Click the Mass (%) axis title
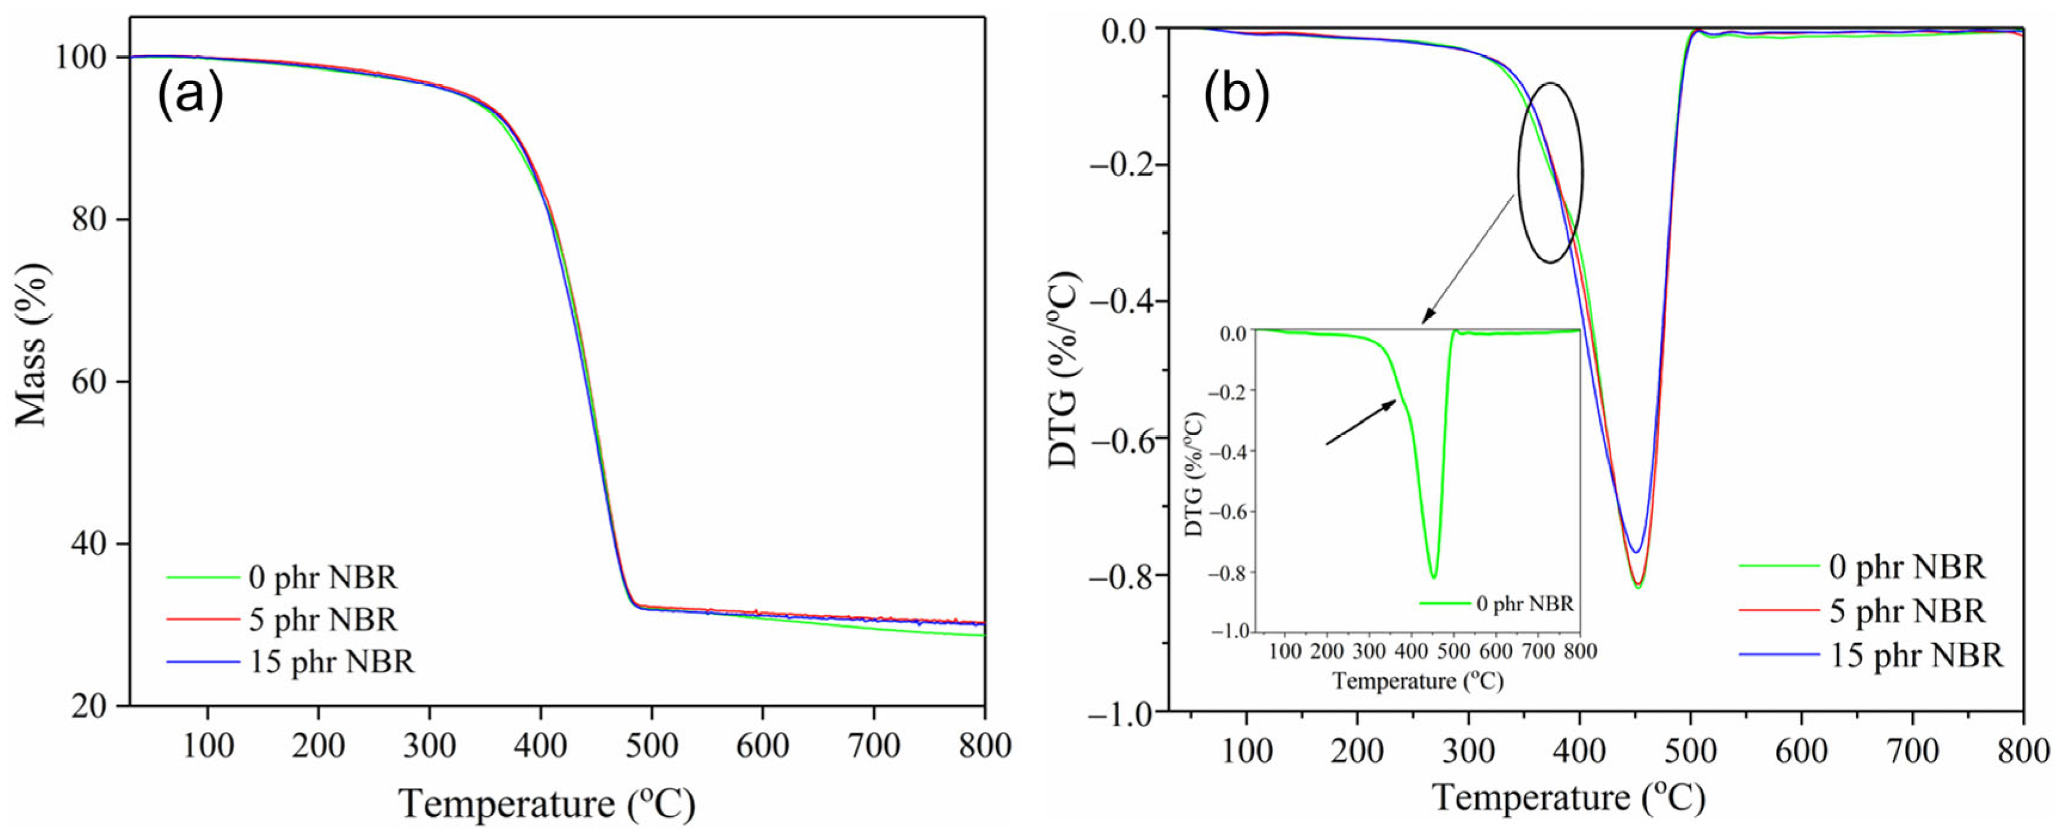click(33, 344)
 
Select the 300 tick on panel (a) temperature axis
click(429, 746)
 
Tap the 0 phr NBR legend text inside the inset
click(1525, 604)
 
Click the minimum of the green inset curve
click(1433, 577)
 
